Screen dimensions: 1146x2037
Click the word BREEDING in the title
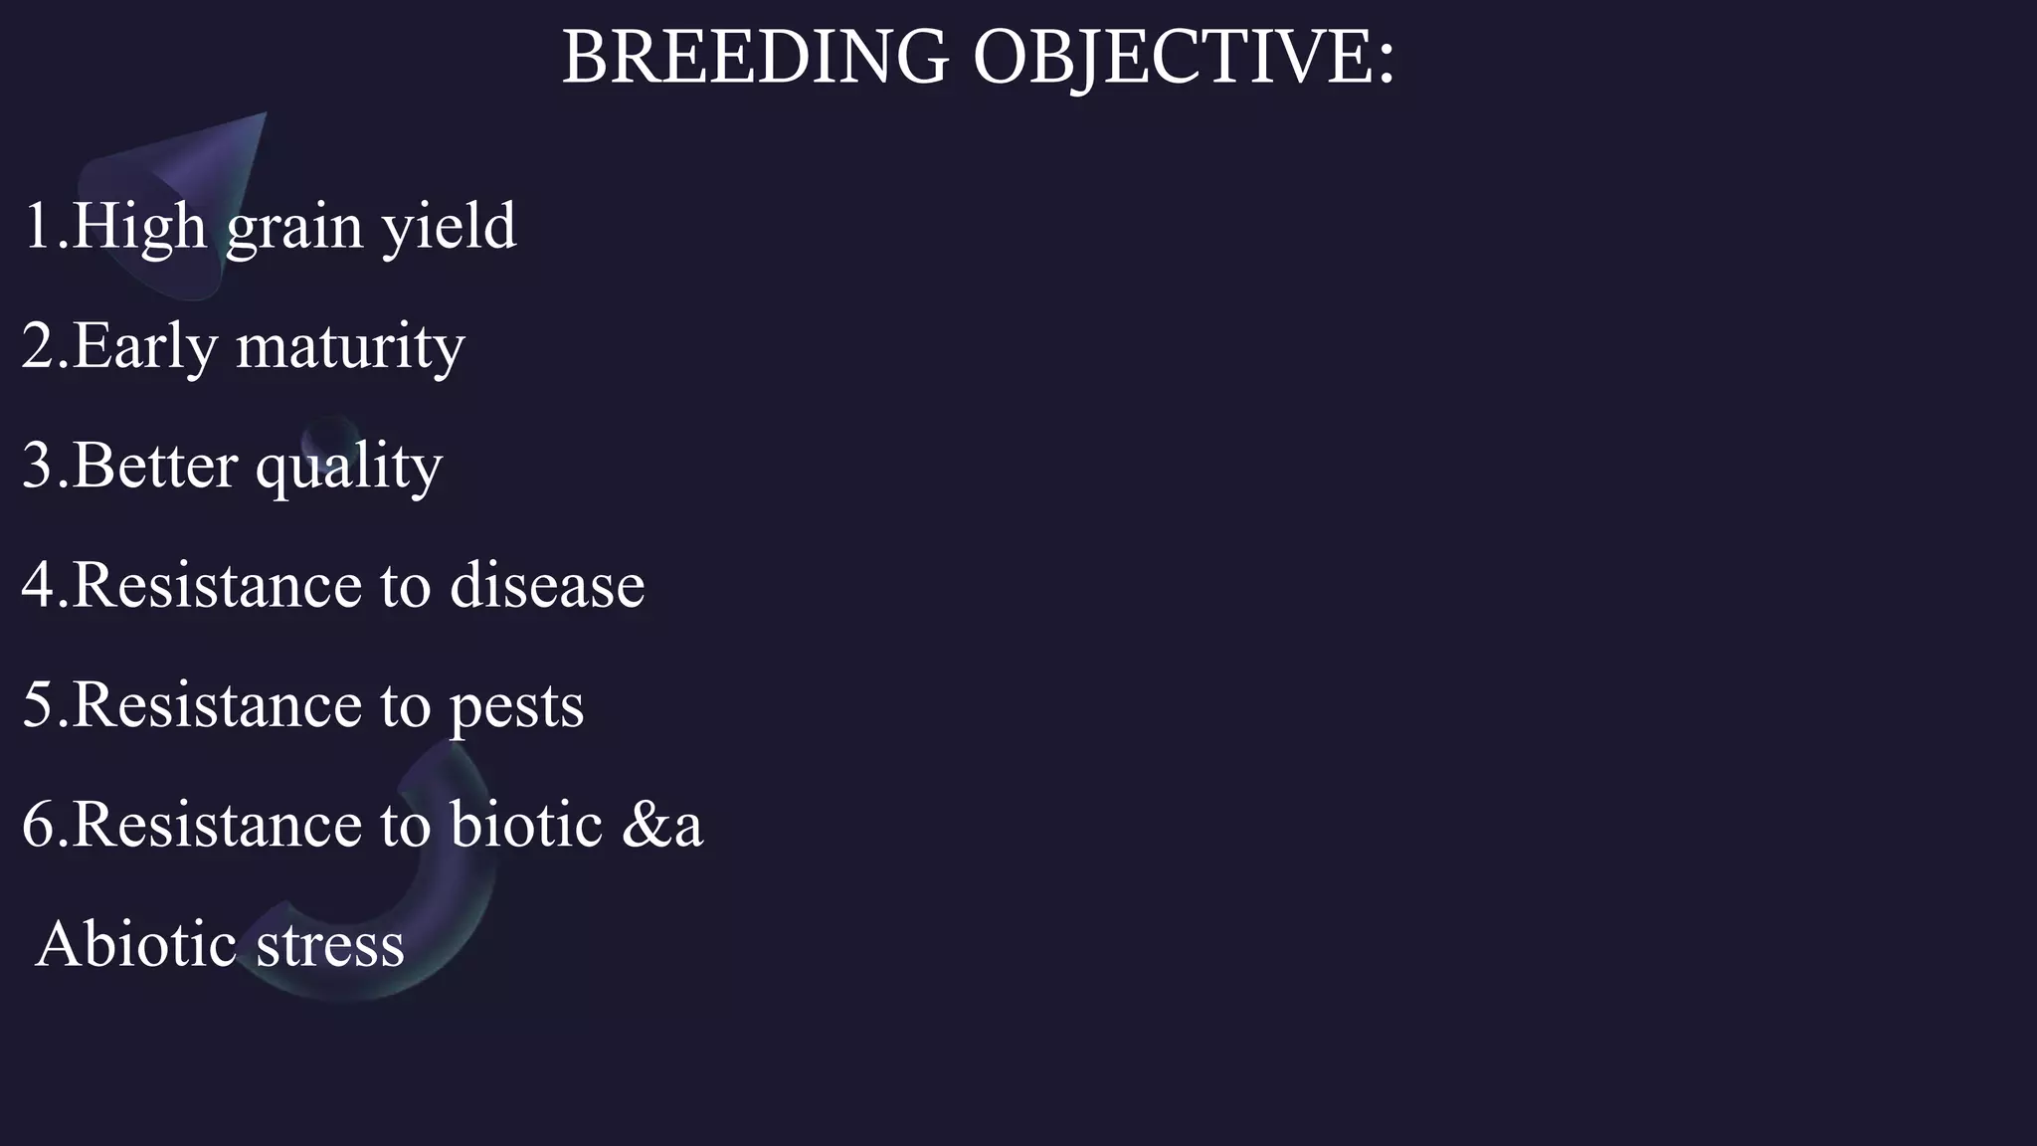(756, 57)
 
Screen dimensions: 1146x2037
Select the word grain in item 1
(294, 227)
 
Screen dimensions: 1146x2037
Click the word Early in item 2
(144, 346)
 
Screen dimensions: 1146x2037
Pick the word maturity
(350, 346)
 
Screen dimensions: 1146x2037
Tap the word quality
(348, 466)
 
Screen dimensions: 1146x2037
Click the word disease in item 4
(547, 585)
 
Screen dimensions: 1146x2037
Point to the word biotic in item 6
(526, 825)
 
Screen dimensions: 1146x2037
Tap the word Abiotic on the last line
(135, 944)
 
